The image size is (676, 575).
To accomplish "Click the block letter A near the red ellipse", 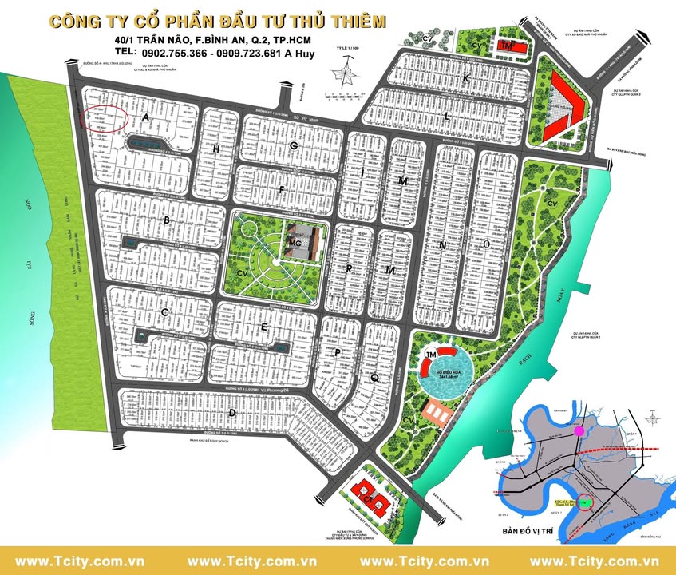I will (146, 117).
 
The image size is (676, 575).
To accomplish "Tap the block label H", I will (215, 149).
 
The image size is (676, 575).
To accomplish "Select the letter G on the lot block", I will (294, 145).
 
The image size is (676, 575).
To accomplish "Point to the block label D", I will (231, 413).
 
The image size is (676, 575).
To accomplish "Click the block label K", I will (465, 77).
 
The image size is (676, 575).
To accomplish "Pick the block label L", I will (447, 117).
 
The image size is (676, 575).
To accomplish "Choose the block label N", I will (441, 245).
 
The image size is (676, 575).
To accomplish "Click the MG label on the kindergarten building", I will (294, 242).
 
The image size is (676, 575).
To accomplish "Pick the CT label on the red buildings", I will (369, 498).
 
